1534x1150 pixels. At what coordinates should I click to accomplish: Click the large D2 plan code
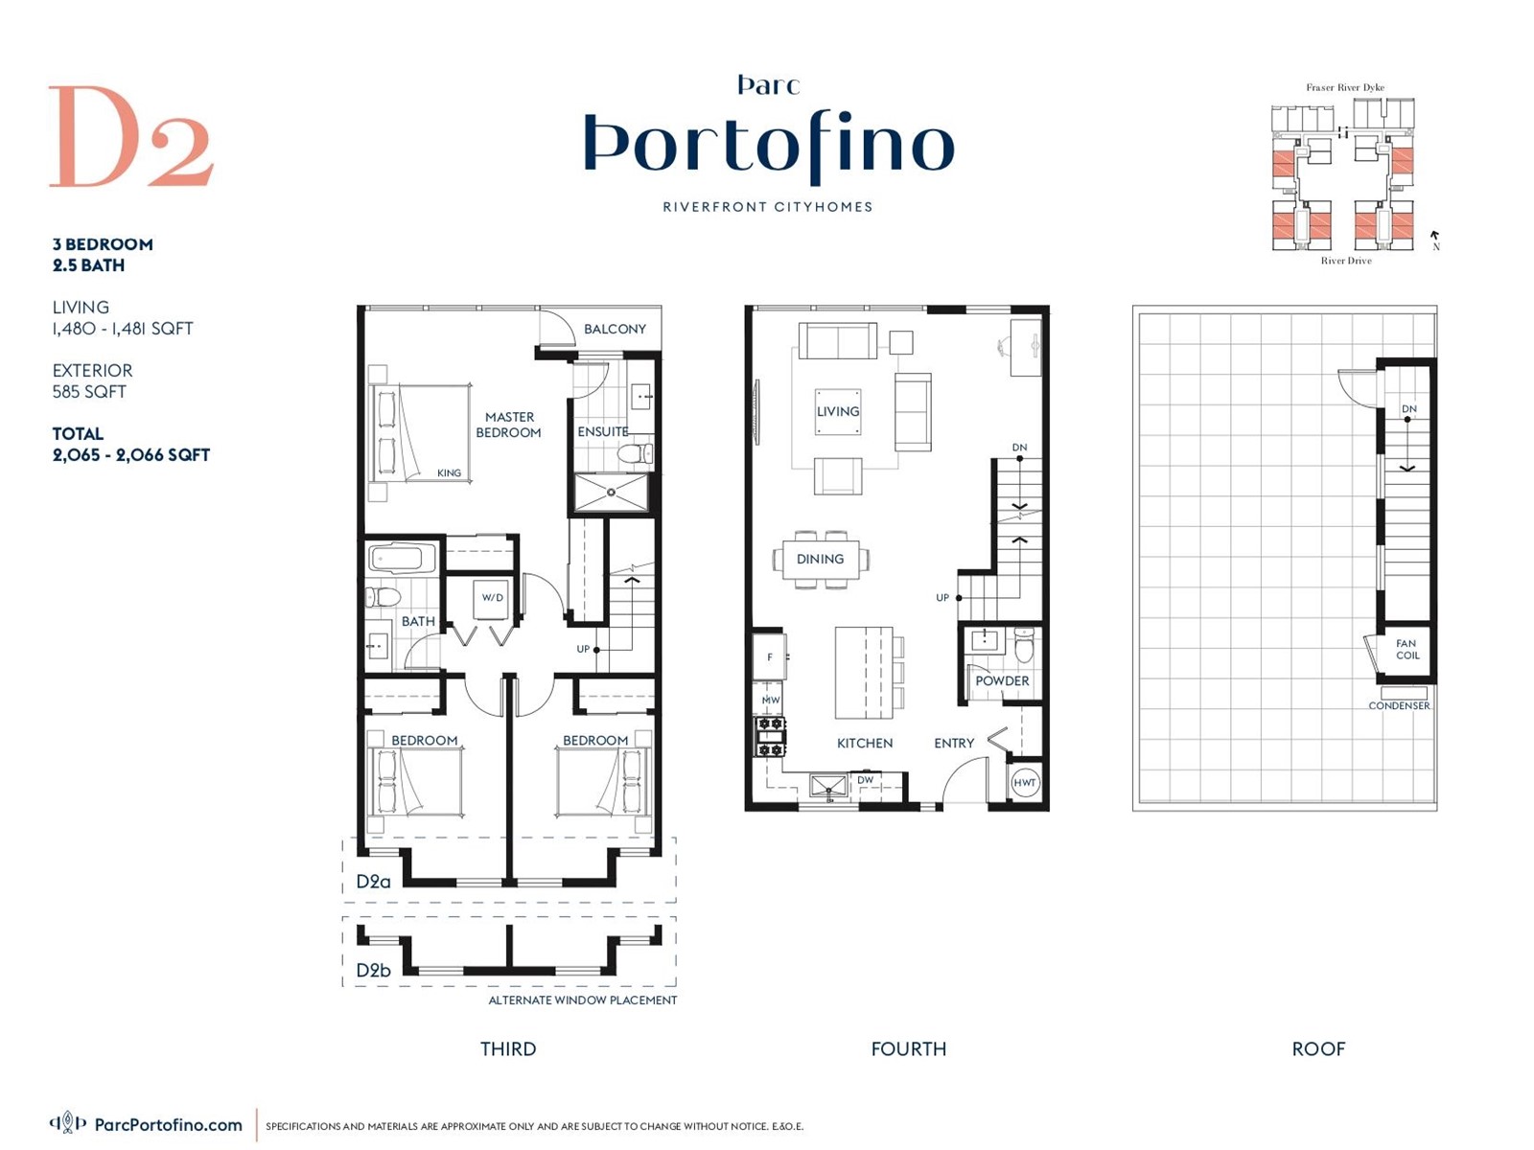point(130,137)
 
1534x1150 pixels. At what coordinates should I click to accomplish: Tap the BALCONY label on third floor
point(615,329)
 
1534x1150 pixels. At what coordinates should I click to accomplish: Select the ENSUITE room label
point(602,432)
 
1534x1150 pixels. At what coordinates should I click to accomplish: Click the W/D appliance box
point(492,598)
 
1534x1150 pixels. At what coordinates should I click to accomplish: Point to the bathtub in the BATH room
point(403,558)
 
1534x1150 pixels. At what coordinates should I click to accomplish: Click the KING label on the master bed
point(449,472)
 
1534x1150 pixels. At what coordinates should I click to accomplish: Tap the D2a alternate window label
point(373,882)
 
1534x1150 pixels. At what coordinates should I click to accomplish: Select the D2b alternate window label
point(373,970)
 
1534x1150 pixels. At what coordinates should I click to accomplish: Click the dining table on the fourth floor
point(821,559)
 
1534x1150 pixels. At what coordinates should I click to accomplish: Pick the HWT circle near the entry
point(1024,783)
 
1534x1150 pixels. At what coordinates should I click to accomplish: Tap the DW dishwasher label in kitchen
point(866,780)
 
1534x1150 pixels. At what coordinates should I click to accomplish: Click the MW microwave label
point(771,701)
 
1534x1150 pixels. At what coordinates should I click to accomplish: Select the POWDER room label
point(1002,680)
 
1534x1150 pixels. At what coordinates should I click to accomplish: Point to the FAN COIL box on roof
point(1406,650)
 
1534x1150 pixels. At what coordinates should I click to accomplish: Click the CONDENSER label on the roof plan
point(1399,705)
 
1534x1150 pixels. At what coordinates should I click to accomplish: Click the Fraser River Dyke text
point(1344,87)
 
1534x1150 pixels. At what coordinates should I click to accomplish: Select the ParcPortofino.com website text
point(168,1125)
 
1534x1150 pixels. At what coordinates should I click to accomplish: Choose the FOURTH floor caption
point(908,1048)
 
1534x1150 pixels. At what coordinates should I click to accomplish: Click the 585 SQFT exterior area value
point(89,391)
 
